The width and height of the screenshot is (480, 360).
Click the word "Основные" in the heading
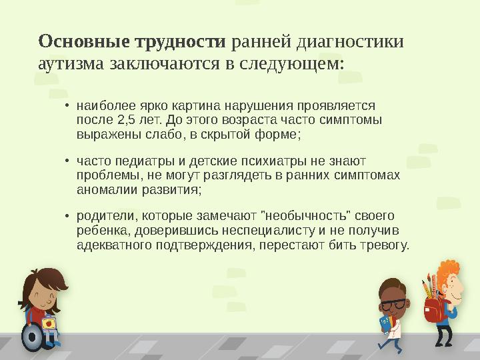click(x=85, y=42)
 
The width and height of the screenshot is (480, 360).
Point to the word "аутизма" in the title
click(x=71, y=65)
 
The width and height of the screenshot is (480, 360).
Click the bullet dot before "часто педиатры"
click(x=67, y=161)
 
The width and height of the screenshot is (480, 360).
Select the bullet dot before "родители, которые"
click(x=67, y=217)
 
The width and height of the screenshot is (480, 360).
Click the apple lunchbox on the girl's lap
click(x=48, y=323)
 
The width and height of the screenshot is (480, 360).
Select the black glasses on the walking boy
click(x=393, y=303)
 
